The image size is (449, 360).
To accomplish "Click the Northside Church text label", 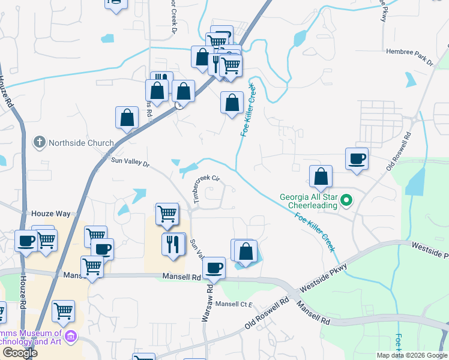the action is click(x=81, y=143).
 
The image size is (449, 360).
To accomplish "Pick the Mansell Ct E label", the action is click(x=236, y=304).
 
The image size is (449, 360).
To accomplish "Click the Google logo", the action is click(x=20, y=353).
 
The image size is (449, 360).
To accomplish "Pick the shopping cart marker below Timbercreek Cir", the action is click(x=167, y=213).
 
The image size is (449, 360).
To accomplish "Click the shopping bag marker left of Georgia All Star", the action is click(x=321, y=176).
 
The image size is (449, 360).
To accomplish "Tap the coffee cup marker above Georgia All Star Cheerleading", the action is click(x=357, y=158).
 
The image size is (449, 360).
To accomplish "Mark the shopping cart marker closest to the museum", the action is click(x=63, y=311).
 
